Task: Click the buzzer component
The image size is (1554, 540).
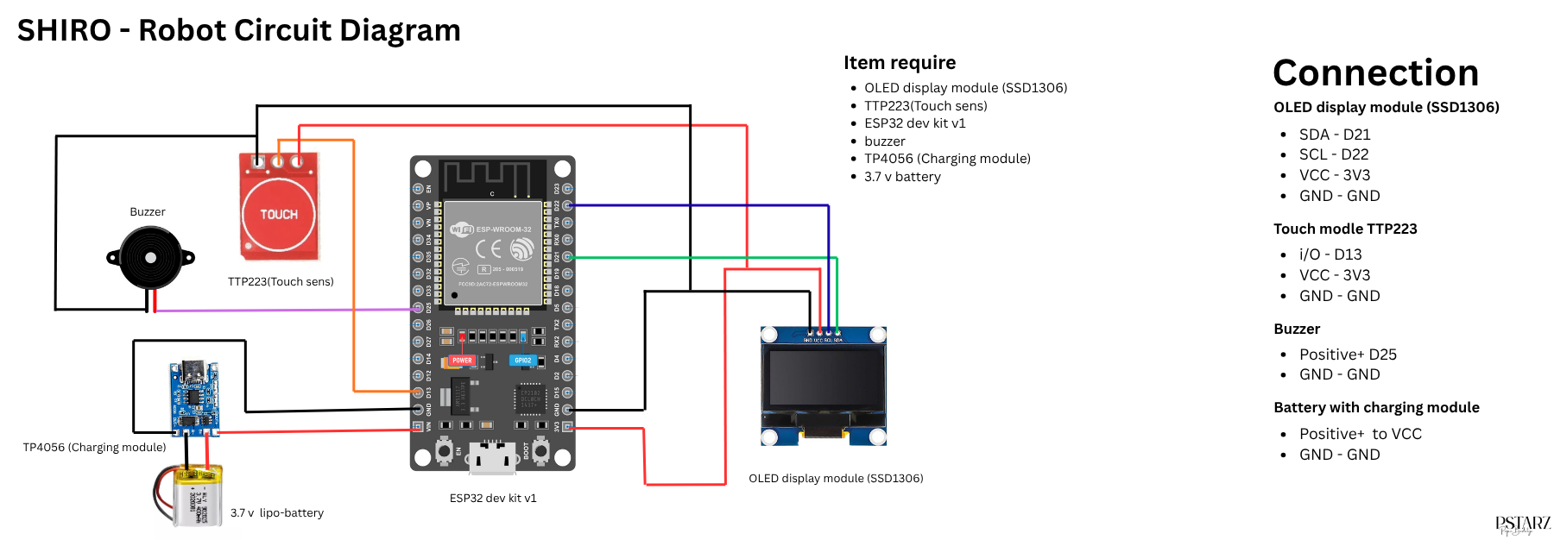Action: point(150,257)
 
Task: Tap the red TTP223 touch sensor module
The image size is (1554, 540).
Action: point(279,207)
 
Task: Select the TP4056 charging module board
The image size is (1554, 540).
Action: point(194,398)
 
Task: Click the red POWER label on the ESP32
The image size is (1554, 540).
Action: point(462,361)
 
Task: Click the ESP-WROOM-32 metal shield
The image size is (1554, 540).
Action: point(492,253)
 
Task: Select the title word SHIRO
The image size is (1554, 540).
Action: point(64,30)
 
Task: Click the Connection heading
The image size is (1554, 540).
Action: point(1375,72)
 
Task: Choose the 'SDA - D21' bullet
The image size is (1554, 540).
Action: point(1334,135)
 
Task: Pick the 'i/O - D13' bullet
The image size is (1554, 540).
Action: point(1330,254)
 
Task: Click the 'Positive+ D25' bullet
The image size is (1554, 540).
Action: point(1347,355)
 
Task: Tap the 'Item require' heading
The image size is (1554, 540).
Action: point(899,63)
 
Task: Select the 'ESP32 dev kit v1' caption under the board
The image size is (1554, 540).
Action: point(492,498)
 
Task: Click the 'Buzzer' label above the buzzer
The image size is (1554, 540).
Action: point(148,212)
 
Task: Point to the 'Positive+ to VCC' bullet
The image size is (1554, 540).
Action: point(1360,434)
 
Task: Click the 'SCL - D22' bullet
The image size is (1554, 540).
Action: point(1333,154)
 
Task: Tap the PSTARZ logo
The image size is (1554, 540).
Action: point(1522,525)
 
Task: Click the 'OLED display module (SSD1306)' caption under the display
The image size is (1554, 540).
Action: point(835,478)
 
